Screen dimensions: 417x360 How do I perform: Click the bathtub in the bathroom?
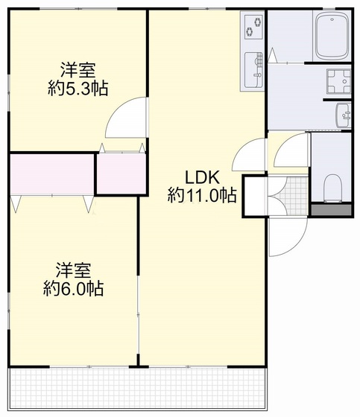pos(332,36)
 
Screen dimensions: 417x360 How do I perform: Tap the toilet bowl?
pos(332,187)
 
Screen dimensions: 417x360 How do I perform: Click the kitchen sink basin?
pos(253,70)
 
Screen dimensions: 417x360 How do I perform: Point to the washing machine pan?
pos(338,80)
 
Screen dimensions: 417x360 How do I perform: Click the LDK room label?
pos(202,178)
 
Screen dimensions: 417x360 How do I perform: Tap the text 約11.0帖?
pos(202,196)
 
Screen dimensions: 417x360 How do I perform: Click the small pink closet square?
pos(120,174)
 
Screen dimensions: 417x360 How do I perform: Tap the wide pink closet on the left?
pos(51,174)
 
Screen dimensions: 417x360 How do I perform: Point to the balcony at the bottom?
pos(138,387)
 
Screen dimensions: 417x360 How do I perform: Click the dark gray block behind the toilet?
pos(332,210)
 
